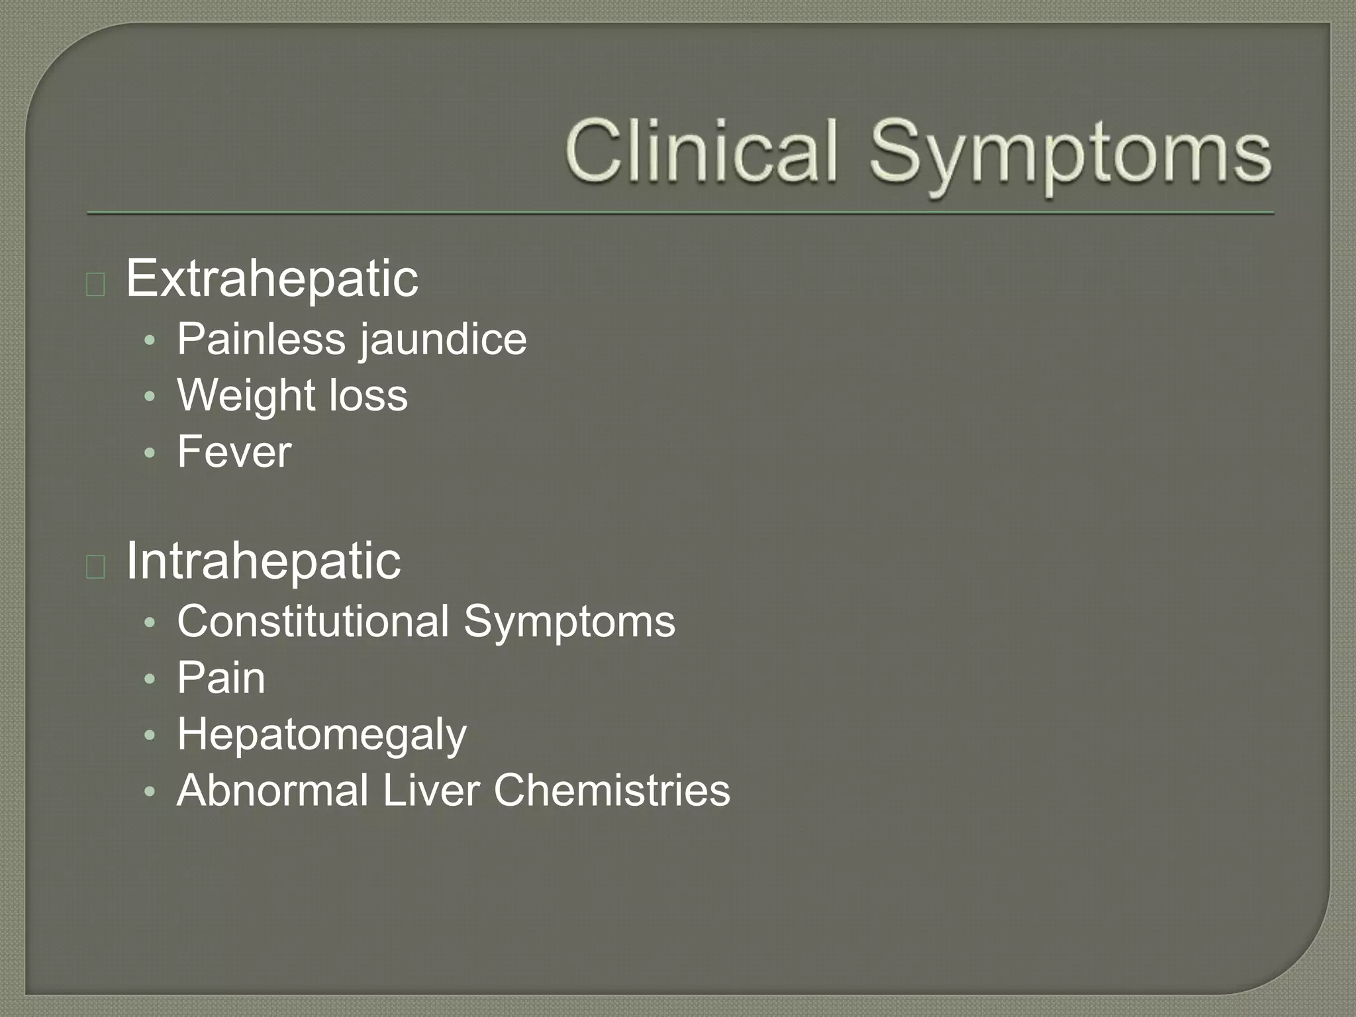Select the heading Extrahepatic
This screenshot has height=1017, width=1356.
tap(271, 279)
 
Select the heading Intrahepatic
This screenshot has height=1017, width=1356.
tap(263, 561)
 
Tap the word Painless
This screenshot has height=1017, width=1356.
tap(262, 339)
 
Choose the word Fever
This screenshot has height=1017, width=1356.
tap(234, 452)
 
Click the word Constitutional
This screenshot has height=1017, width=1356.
tap(313, 622)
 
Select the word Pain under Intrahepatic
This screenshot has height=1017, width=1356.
tap(221, 678)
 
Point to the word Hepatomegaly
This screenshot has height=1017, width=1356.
tap(322, 736)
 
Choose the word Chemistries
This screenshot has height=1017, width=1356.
tap(612, 791)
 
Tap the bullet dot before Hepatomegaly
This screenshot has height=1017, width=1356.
tap(150, 736)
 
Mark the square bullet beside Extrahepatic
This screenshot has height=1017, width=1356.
tap(95, 284)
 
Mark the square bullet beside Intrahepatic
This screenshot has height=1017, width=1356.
tap(95, 567)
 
